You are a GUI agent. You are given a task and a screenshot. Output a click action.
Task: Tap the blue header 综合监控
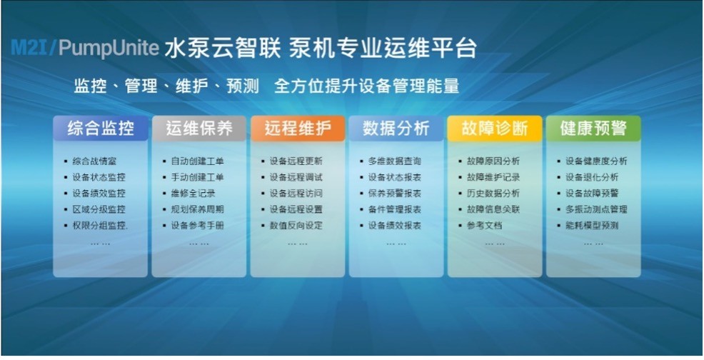point(101,129)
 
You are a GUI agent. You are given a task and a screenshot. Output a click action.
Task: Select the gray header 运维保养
point(199,129)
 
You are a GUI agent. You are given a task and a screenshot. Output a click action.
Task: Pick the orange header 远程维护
point(298,129)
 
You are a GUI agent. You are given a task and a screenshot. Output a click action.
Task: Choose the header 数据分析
point(396,129)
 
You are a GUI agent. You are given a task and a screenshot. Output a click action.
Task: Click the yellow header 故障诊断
point(495,129)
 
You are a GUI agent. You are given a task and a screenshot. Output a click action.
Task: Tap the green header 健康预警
point(593,129)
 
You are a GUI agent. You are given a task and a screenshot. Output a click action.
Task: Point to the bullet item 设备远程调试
point(296,177)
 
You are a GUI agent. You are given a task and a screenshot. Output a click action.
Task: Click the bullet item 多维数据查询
point(395,161)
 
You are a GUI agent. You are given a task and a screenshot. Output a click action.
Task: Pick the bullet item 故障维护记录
point(493,177)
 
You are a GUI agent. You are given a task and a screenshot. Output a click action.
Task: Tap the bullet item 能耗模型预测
point(592,226)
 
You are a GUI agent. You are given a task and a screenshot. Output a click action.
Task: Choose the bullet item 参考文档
point(485,226)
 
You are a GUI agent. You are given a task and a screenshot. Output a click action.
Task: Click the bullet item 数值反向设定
point(296,226)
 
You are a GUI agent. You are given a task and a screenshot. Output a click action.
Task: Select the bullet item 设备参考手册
point(197,226)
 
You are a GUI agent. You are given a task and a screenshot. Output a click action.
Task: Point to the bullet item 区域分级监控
point(99,209)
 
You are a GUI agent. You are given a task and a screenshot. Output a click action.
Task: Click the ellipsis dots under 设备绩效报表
point(396,244)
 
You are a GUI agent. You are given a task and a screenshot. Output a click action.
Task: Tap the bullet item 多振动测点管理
point(596,209)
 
